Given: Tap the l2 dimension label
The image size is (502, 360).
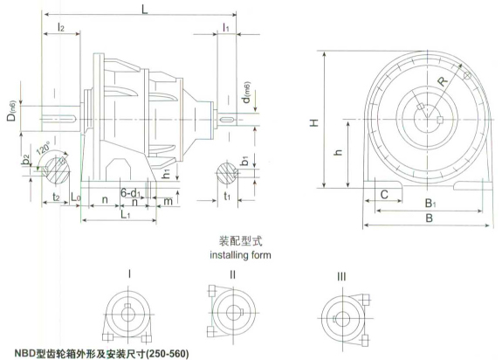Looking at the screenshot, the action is (x=61, y=28).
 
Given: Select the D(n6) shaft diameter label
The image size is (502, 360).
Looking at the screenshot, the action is (x=11, y=111).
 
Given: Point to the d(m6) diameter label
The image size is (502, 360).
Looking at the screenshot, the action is (x=247, y=93).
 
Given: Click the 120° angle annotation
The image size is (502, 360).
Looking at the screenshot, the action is (x=44, y=149).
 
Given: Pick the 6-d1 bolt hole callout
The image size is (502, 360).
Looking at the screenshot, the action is (x=130, y=193).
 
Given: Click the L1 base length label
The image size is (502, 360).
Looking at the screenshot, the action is (x=125, y=214).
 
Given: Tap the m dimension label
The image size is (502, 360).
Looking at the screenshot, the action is (x=168, y=201).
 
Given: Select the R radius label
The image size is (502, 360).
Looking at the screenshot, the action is (x=443, y=81).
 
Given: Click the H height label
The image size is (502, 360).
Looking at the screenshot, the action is (x=314, y=122).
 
